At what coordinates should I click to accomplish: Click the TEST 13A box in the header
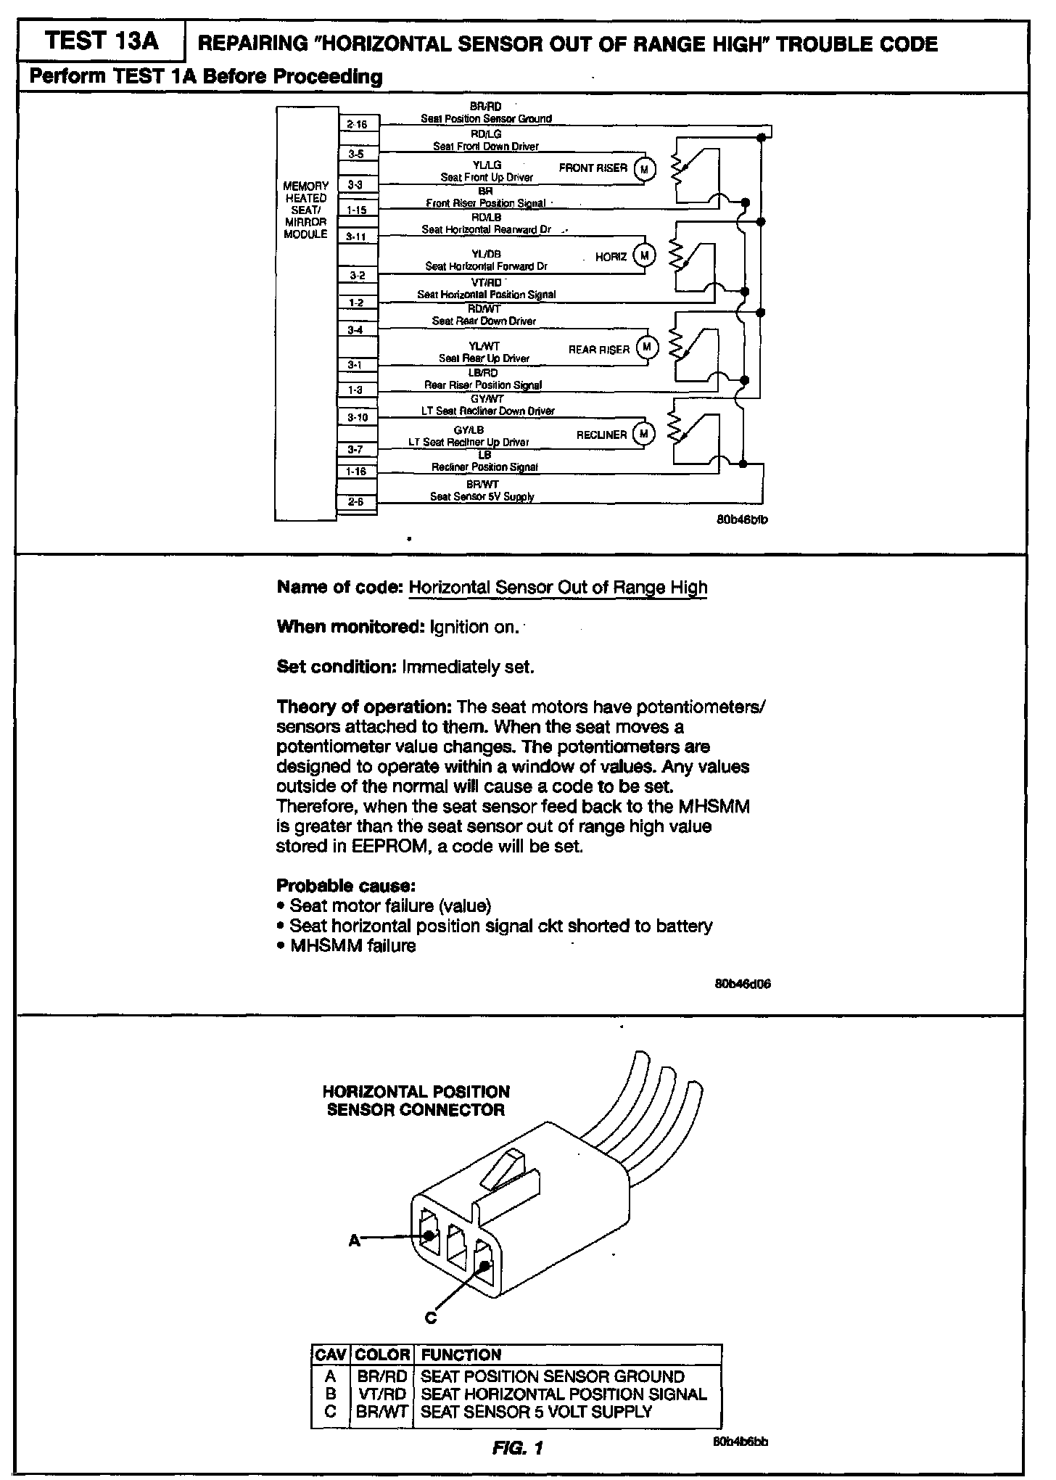point(101,41)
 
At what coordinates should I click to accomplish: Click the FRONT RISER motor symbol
point(645,169)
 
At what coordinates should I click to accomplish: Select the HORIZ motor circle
point(644,255)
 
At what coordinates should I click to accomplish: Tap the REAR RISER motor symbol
point(646,348)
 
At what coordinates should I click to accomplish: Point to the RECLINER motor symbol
point(643,434)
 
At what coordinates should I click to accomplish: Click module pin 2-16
point(358,125)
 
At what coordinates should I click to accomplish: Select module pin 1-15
point(357,210)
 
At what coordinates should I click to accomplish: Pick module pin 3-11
point(357,237)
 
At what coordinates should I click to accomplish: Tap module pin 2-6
point(356,501)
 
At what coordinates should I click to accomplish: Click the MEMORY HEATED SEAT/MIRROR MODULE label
point(306,210)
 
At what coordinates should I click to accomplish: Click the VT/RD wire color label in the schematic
point(486,282)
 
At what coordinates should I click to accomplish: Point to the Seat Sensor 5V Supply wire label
point(482,497)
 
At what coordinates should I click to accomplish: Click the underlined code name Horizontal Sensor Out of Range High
point(558,587)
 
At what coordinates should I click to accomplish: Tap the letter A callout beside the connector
point(354,1241)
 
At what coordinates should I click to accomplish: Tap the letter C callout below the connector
point(430,1317)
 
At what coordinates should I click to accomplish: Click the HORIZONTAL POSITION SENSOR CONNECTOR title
point(416,1101)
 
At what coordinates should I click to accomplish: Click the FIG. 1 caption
point(517,1448)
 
